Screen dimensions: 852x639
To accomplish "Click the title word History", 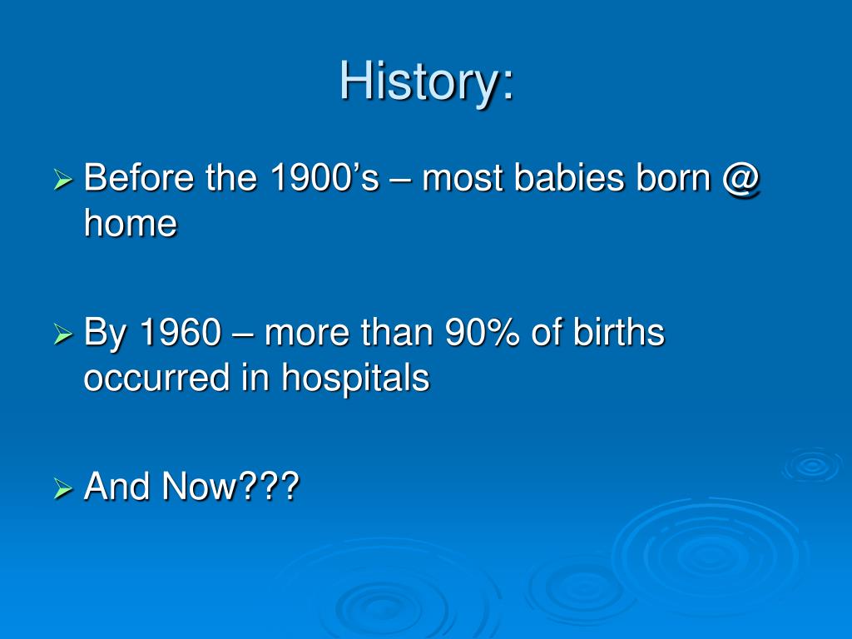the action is tap(419, 82).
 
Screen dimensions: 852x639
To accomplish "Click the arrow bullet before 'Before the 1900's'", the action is tap(63, 180).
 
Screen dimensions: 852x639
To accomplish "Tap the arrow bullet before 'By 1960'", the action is tap(63, 334).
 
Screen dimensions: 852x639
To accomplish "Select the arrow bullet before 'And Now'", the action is tap(63, 488).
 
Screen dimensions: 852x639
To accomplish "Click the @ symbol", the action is tap(741, 180).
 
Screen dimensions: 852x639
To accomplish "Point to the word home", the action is tap(131, 223).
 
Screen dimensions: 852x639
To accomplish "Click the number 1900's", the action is tap(324, 177).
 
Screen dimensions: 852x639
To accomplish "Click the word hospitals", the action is tap(355, 379).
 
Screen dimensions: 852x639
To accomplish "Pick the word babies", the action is tap(569, 177).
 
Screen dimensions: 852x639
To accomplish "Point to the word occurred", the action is tap(156, 378).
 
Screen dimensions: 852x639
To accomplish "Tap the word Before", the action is tap(139, 177).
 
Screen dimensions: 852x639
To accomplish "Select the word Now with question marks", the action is tap(230, 486).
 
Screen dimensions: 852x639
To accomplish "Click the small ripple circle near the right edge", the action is tap(813, 465).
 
